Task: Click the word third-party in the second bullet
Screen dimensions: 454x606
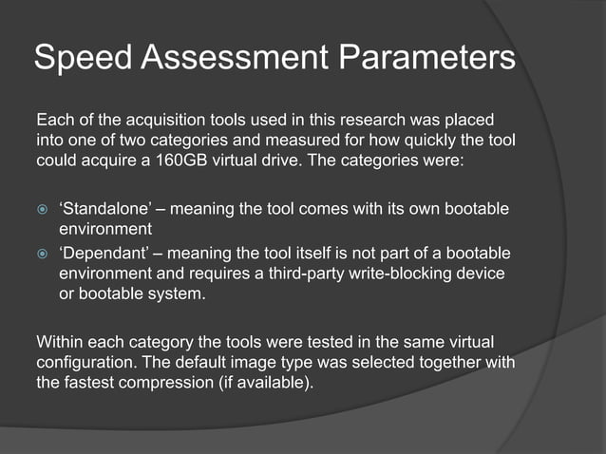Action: (x=349, y=274)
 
